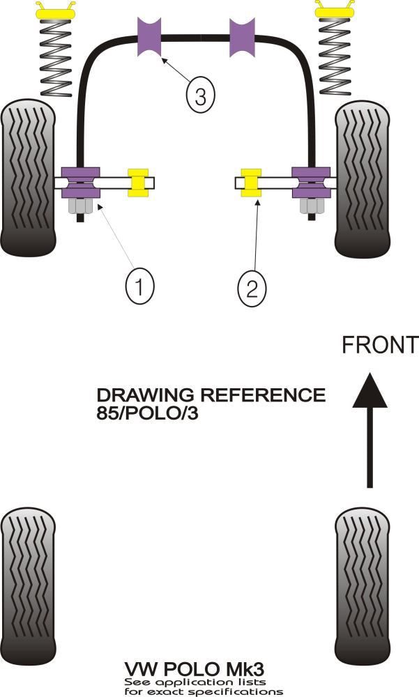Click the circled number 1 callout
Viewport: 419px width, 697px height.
(x=139, y=285)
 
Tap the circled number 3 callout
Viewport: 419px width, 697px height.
(x=200, y=97)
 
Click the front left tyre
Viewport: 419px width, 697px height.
(x=29, y=178)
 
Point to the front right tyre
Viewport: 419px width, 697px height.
(x=363, y=178)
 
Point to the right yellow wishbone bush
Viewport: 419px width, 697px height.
(x=251, y=183)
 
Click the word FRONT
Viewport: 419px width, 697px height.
(x=379, y=345)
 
